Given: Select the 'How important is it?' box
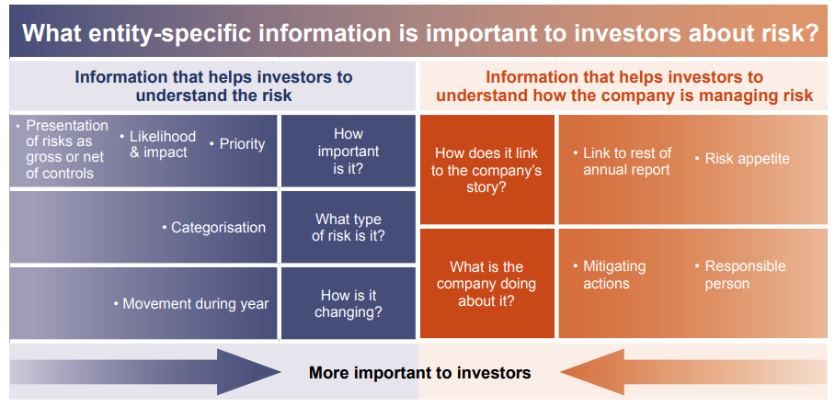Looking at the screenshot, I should (348, 152).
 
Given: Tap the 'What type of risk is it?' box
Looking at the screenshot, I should (348, 228).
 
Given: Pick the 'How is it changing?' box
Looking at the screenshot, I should (348, 303).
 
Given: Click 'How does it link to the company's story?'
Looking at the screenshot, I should (486, 170).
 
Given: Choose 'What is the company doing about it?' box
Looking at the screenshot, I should (486, 284).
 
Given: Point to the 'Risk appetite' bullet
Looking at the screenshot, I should (746, 159).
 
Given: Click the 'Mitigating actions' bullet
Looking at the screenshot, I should (613, 275).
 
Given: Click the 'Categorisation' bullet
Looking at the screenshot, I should (217, 228).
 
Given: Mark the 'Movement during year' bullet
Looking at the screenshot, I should (194, 304).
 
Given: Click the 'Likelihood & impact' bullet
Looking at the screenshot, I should (160, 144).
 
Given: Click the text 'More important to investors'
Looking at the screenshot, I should (419, 372).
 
